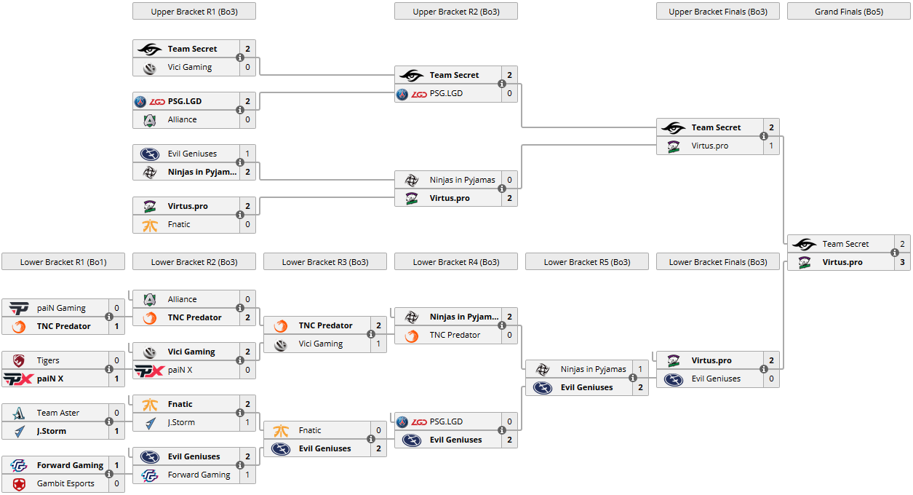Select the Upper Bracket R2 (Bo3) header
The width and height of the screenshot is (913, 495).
click(455, 12)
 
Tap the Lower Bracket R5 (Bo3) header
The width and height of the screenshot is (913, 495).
click(586, 262)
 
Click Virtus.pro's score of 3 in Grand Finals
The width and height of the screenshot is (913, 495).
click(902, 262)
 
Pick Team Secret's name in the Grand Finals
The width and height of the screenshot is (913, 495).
click(845, 244)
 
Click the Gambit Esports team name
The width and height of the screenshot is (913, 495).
click(65, 483)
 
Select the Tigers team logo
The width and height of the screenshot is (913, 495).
click(19, 360)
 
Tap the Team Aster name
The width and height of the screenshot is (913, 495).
click(58, 413)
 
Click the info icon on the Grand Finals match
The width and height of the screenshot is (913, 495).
click(895, 253)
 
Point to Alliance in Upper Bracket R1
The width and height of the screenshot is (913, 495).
click(182, 119)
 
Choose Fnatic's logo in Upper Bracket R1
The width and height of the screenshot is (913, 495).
click(150, 224)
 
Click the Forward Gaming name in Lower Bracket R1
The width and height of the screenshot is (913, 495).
click(71, 465)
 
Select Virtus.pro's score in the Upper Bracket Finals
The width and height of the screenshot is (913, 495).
click(771, 146)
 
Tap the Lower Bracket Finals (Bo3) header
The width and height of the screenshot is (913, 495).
click(717, 262)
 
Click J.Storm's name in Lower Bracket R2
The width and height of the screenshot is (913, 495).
click(181, 422)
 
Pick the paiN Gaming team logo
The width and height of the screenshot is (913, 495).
click(19, 308)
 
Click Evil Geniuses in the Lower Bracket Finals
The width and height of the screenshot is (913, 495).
click(716, 379)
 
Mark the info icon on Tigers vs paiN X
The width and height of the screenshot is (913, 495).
click(109, 369)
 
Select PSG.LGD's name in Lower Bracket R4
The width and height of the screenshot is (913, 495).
click(446, 421)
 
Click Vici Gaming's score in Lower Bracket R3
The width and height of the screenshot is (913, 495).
click(378, 344)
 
